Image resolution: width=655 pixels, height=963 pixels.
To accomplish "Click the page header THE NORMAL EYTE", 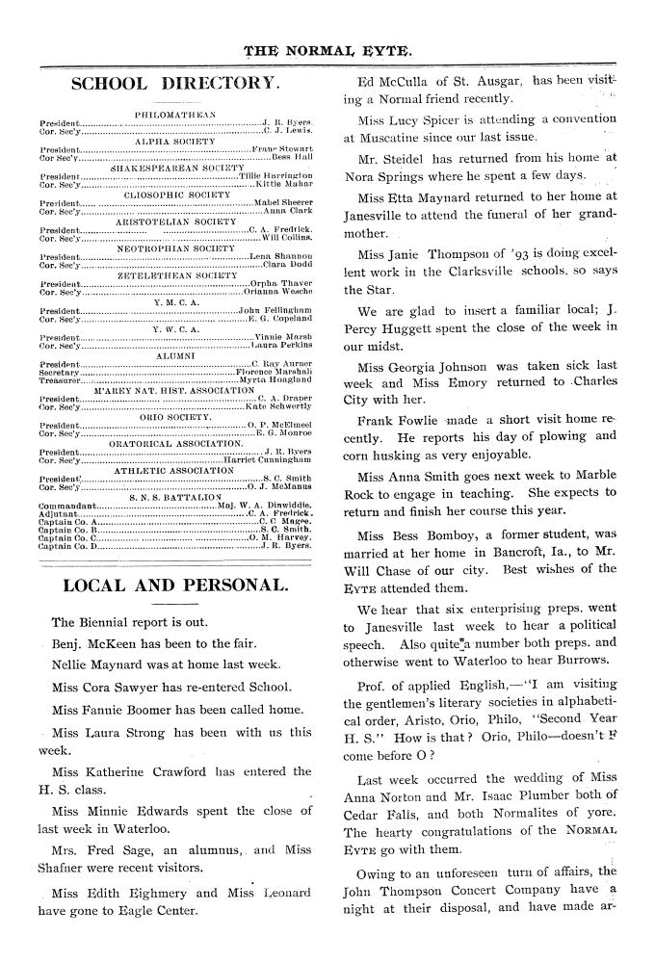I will pyautogui.click(x=327, y=47).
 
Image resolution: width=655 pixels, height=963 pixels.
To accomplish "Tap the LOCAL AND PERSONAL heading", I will pyautogui.click(x=174, y=586).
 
